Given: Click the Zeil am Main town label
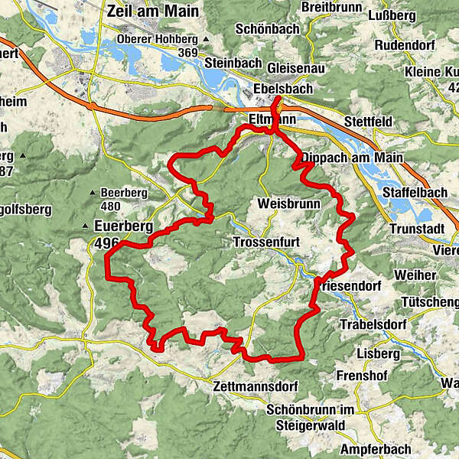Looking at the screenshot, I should pos(153,11).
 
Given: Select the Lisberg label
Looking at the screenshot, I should pos(378,354).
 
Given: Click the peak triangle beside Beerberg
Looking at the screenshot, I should pos(93,193).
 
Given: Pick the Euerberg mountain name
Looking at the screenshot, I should pos(123,226).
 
